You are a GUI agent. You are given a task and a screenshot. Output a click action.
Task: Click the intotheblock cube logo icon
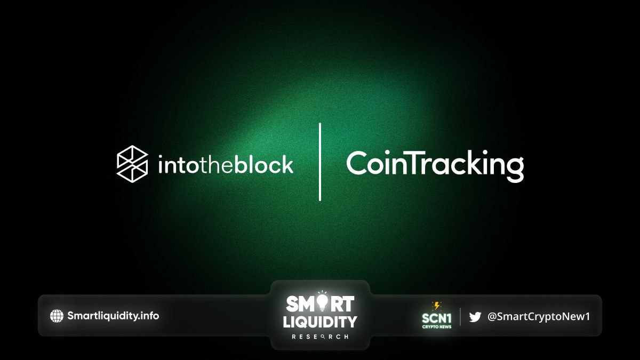click(132, 164)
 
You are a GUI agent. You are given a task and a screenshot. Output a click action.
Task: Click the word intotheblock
click(226, 164)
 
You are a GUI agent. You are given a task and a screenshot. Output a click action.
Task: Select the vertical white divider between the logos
click(320, 162)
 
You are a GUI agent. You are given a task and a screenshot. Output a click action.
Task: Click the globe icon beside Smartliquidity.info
click(57, 316)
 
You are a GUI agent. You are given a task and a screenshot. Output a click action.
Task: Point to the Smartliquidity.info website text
click(113, 316)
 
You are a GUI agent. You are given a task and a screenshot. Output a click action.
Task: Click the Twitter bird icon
click(475, 317)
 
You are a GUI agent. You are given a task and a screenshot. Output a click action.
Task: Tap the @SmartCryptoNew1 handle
click(538, 317)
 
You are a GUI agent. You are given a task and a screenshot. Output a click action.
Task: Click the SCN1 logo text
click(437, 318)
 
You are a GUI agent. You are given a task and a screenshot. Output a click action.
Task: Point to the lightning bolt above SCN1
click(437, 306)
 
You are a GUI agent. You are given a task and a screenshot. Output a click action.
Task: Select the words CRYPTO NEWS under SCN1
click(437, 327)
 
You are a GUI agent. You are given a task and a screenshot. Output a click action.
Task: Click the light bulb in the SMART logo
click(322, 302)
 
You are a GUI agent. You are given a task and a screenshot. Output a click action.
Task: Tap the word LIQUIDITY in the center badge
click(320, 322)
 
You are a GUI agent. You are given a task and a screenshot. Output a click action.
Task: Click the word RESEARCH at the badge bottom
click(320, 337)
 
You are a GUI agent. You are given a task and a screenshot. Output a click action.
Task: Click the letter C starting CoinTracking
click(357, 163)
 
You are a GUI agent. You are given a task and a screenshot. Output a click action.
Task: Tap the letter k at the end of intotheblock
click(287, 164)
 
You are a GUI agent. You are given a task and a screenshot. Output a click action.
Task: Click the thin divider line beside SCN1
click(460, 317)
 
